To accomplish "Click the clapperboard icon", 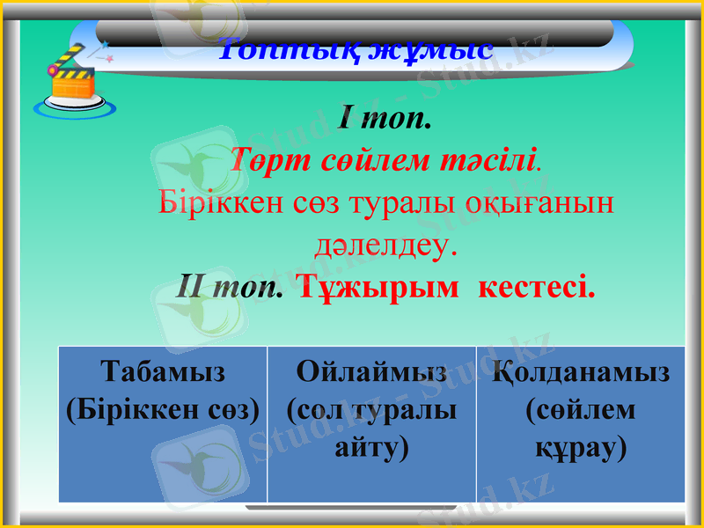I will [73, 80].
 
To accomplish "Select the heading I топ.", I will [385, 118].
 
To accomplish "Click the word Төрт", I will [268, 160].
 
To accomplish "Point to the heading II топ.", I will [230, 286].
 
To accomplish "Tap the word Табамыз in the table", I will [163, 371].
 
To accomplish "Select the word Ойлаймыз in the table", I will [371, 371].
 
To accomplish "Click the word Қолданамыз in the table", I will [581, 371].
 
